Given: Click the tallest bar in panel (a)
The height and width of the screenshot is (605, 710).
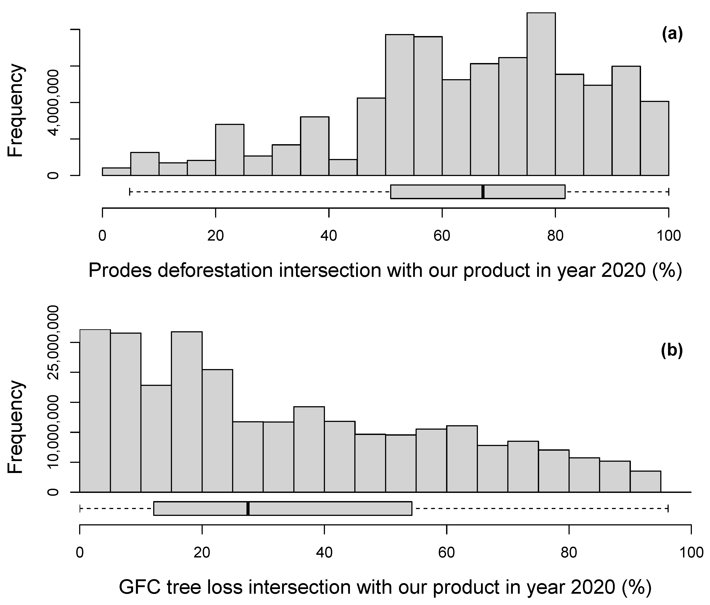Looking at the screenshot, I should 541,94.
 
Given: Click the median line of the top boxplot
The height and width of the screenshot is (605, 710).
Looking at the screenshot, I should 483,192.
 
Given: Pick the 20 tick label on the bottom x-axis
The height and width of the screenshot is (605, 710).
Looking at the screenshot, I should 202,553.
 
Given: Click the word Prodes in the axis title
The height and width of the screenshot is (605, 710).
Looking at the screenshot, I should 120,271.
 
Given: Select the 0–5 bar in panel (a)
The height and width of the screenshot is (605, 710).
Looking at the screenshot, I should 116,172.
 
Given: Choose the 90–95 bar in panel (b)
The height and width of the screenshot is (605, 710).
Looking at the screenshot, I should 645,482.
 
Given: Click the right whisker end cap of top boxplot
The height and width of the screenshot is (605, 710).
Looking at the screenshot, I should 668,192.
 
